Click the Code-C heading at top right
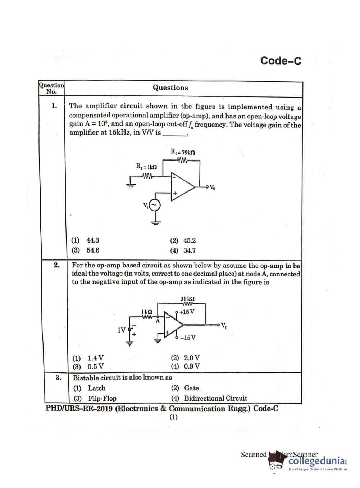coord(281,61)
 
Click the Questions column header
coord(170,87)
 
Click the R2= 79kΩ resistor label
coord(183,152)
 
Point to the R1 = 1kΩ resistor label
coord(146,167)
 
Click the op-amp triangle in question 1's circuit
coord(181,186)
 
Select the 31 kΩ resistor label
coord(187,298)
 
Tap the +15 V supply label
coord(187,312)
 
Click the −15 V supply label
coord(188,338)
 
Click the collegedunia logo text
coord(317,461)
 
